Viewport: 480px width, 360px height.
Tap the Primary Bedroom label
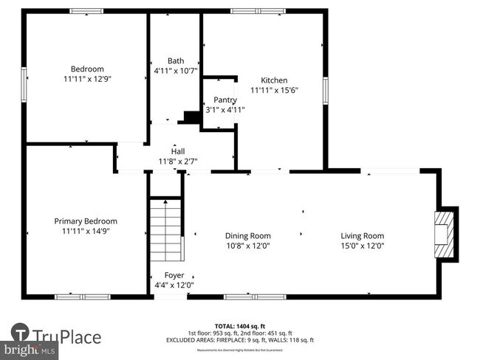point(86,221)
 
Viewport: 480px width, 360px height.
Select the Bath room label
point(176,61)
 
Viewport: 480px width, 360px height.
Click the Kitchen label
point(274,80)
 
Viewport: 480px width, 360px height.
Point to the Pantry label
point(225,100)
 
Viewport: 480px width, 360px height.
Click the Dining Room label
point(248,236)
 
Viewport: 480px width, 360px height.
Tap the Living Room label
point(362,236)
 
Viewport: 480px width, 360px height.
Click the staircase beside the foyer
point(165,229)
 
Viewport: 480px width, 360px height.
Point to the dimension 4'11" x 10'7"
point(176,72)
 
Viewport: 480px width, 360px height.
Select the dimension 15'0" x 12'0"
point(362,246)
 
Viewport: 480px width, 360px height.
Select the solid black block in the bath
point(192,117)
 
